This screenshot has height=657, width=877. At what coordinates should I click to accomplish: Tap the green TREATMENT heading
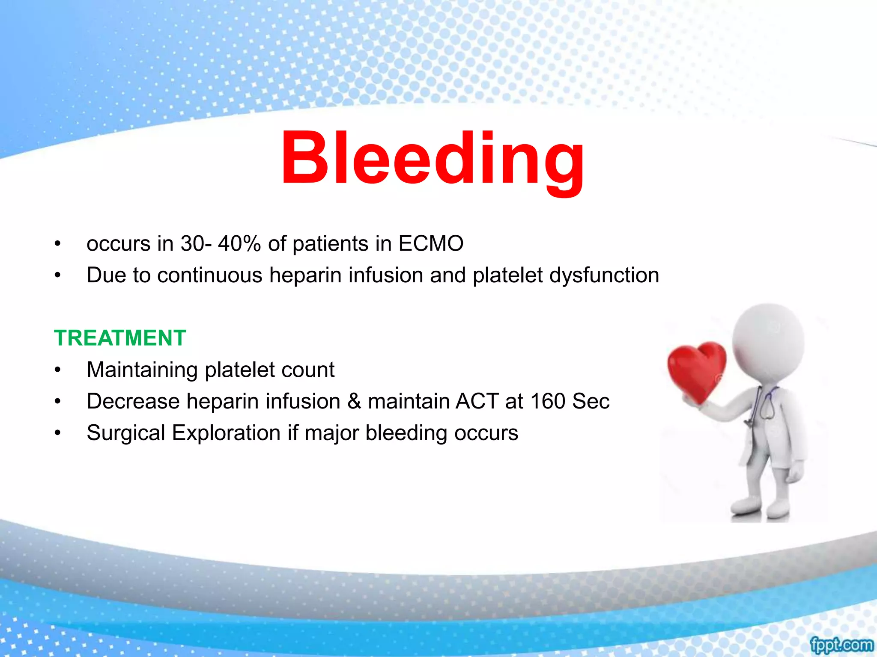[120, 338]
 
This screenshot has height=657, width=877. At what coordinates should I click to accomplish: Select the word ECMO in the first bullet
[431, 244]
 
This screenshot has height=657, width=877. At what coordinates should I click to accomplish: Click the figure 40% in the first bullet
[239, 244]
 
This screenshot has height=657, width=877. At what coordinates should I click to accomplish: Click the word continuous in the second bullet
[210, 275]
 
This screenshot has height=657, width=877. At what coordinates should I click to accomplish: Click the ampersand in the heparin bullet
[354, 401]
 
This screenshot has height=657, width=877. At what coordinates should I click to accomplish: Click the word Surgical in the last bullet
[126, 433]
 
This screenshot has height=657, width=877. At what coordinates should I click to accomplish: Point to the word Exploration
[226, 433]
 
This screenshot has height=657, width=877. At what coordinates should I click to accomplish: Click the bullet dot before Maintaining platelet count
[58, 370]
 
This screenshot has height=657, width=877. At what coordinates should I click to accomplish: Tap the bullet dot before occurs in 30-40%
[58, 244]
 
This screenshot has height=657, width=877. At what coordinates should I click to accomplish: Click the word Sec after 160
[591, 401]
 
